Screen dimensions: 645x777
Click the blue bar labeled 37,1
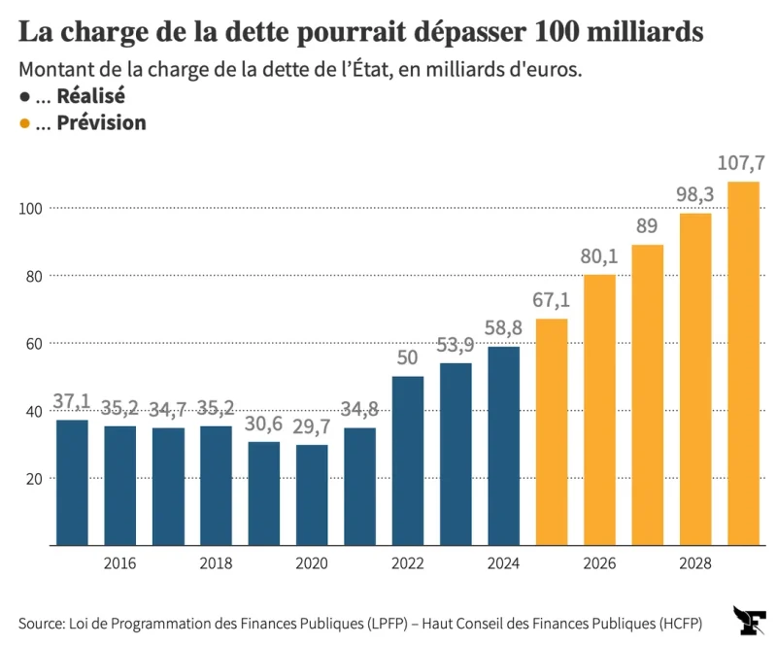tap(72, 482)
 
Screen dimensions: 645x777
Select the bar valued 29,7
tap(312, 494)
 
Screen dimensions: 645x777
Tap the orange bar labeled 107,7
tap(744, 363)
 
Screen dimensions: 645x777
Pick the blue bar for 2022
tap(408, 460)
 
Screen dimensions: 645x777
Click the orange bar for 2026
tap(600, 409)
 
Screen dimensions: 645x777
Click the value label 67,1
tap(551, 301)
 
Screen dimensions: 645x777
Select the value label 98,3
tap(695, 195)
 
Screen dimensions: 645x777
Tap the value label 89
tap(648, 227)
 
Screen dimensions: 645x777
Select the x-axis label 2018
tap(216, 564)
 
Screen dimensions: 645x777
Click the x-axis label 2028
tap(695, 564)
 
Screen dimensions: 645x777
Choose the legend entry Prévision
tap(101, 123)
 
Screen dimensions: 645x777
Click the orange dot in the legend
tap(24, 123)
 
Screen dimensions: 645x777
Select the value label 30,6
tap(263, 424)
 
